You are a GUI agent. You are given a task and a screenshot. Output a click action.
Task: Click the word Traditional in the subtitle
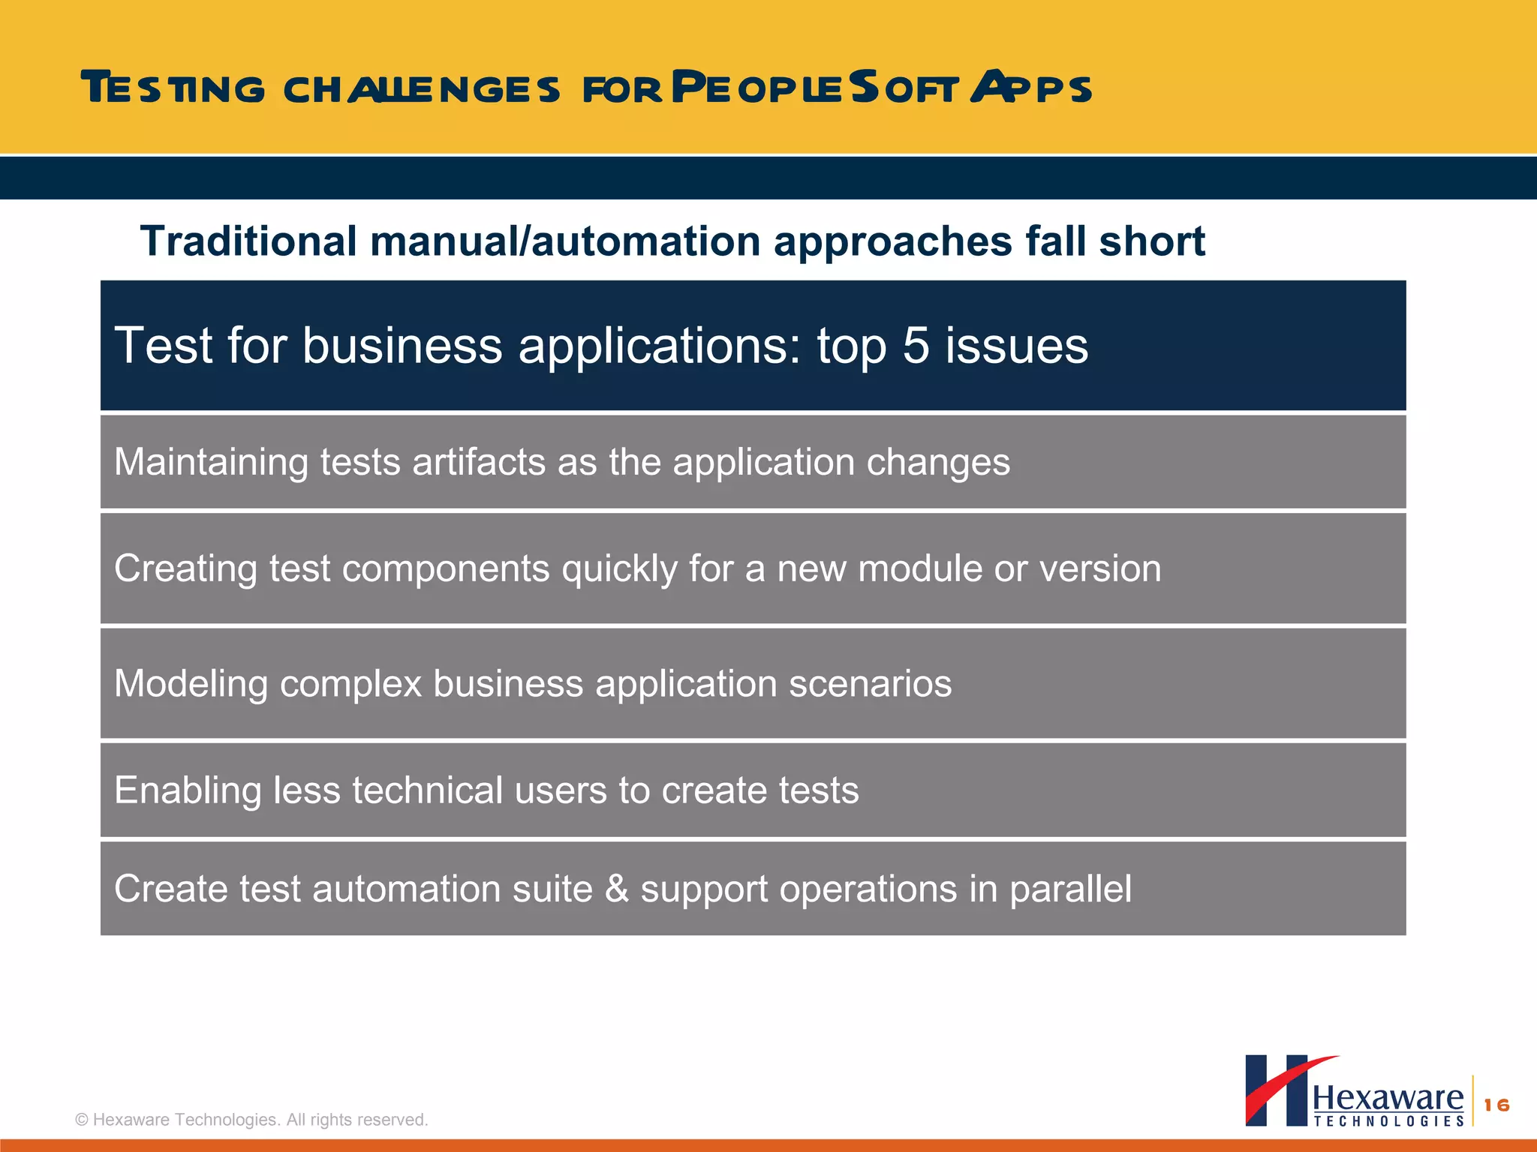pyautogui.click(x=248, y=241)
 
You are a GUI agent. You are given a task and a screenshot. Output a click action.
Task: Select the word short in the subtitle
pyautogui.click(x=1152, y=241)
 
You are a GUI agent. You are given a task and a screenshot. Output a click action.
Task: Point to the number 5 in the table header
pyautogui.click(x=916, y=346)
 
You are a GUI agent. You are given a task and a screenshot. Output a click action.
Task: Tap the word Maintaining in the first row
pyautogui.click(x=211, y=462)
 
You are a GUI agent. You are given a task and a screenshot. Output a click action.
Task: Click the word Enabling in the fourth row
pyautogui.click(x=187, y=790)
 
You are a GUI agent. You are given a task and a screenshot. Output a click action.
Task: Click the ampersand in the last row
pyautogui.click(x=617, y=889)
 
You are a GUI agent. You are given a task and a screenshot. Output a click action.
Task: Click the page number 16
pyautogui.click(x=1496, y=1105)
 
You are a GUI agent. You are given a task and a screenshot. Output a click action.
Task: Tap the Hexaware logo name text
pyautogui.click(x=1388, y=1099)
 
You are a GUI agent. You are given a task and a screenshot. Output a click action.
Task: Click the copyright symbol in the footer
pyautogui.click(x=82, y=1120)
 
